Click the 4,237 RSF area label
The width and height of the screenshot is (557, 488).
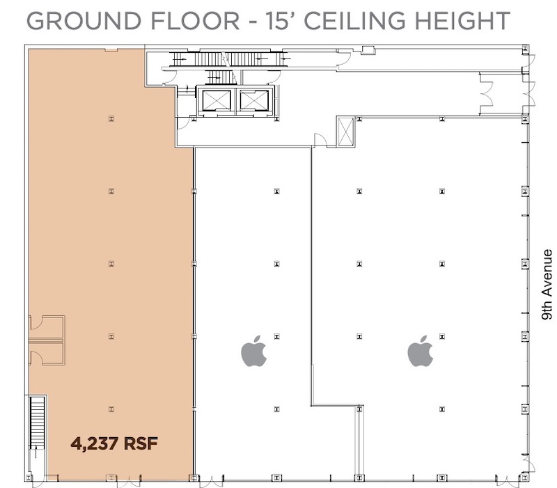coord(114,443)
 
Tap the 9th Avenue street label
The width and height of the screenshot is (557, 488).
coord(547,285)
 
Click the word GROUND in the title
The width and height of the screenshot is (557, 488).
coord(84,21)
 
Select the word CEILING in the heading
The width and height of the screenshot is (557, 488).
coord(354,21)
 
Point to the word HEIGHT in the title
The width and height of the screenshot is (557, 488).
coord(462,21)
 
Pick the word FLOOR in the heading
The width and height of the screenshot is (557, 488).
coord(195,21)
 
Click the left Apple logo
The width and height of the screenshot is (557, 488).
coord(254,351)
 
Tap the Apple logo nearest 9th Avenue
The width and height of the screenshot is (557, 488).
coord(421,351)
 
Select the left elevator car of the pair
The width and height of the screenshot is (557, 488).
coord(216,100)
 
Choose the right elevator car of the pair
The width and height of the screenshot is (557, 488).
coord(253,100)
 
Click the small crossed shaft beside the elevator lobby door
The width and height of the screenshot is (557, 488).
coord(345,132)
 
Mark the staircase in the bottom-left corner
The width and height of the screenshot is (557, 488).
coord(37,423)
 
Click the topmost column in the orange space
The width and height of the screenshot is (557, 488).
coord(111,118)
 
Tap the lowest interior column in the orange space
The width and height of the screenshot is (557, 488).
coord(111,409)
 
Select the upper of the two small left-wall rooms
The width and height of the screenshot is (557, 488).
coord(47,327)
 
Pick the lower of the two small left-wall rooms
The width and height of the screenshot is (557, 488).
coord(47,353)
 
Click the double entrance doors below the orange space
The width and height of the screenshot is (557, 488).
coord(129,480)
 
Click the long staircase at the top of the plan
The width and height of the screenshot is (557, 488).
coord(230,58)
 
